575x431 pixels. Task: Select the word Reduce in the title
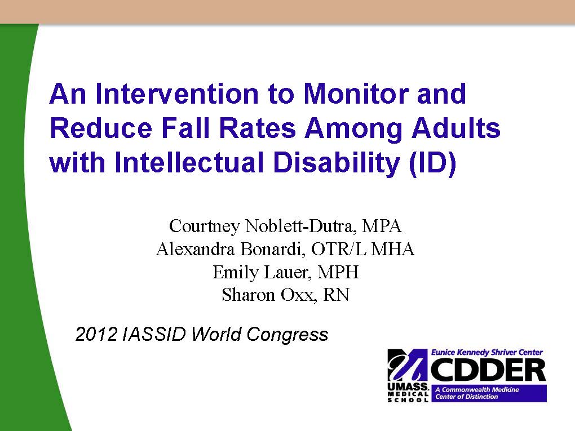[101, 128]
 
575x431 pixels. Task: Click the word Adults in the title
[456, 128]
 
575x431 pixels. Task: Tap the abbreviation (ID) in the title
[433, 163]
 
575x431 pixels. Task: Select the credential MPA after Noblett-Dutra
[382, 226]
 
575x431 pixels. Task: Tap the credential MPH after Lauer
[338, 272]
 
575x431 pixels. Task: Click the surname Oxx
[298, 295]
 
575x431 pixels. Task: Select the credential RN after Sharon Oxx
[336, 295]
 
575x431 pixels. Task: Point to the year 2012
[96, 334]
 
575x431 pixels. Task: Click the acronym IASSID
[154, 334]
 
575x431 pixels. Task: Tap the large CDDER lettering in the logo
[488, 370]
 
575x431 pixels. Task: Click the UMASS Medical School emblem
[408, 375]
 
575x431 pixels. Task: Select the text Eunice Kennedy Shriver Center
[486, 353]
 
